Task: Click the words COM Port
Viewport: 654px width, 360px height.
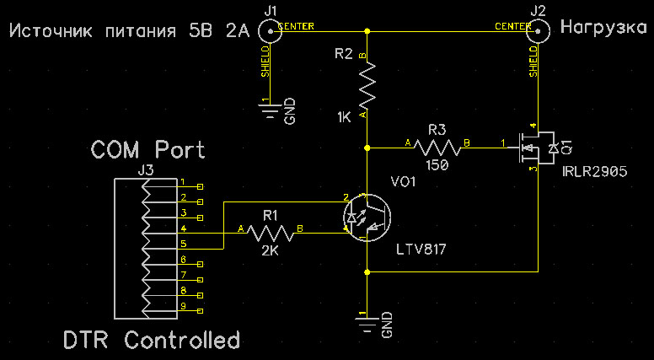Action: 147,150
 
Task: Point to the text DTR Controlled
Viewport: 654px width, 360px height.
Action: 152,341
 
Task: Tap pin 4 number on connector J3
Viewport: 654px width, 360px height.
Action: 183,228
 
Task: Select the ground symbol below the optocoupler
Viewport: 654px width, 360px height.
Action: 367,318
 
